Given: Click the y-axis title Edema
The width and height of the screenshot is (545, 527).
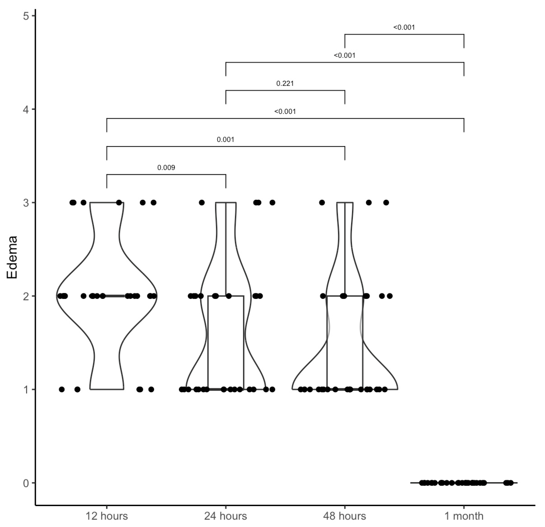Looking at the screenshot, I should [12, 257].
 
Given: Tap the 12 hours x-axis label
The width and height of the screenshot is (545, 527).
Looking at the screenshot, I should [106, 516].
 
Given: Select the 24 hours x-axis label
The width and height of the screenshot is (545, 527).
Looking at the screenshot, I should [226, 516].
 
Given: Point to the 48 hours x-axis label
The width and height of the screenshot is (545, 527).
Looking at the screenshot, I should [345, 516].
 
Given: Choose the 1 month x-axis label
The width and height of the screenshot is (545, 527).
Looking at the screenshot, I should [464, 516].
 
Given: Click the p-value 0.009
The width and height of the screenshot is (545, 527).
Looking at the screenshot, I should [166, 167].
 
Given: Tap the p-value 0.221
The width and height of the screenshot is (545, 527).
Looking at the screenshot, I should [285, 83].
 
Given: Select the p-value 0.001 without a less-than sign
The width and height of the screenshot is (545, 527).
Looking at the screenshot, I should [226, 140].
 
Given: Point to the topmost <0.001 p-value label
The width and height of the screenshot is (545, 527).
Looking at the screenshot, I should [404, 27].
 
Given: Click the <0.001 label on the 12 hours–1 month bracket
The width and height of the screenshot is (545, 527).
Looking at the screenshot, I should [285, 112].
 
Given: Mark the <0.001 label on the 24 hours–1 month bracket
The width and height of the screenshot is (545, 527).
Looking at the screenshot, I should [345, 56].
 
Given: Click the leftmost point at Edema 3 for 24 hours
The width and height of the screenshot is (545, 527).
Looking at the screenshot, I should [202, 203].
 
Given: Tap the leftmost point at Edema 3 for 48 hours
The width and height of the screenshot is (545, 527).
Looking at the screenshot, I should [322, 203].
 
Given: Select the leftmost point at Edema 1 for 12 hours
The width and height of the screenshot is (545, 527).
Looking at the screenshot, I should [62, 389].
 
